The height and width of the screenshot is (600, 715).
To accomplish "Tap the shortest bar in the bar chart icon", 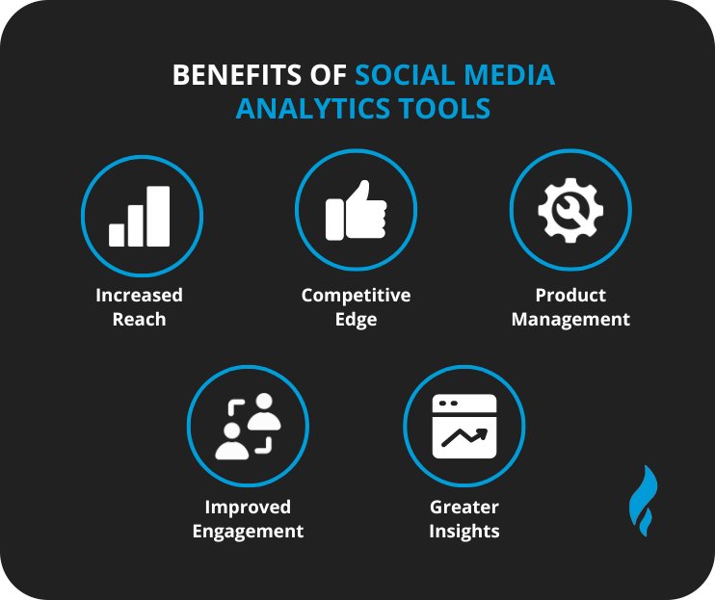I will pyautogui.click(x=117, y=234).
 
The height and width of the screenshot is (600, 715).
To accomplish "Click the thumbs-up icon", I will pyautogui.click(x=356, y=211).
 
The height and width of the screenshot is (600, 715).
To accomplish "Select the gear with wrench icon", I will pyautogui.click(x=569, y=211).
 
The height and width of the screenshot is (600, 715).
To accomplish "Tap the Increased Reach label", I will pyautogui.click(x=139, y=307).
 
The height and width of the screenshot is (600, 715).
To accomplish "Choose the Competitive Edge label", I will pyautogui.click(x=356, y=307).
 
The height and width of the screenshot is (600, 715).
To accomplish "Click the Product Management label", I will pyautogui.click(x=569, y=307).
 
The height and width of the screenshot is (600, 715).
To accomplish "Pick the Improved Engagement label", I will pyautogui.click(x=248, y=519).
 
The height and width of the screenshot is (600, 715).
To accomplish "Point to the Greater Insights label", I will pyautogui.click(x=463, y=519).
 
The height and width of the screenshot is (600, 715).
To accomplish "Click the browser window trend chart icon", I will pyautogui.click(x=463, y=425).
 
